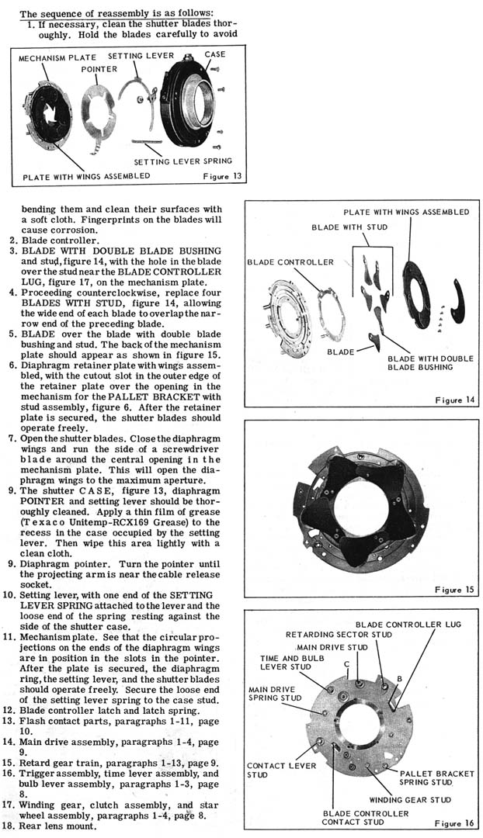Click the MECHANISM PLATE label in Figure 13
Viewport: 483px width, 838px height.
pyautogui.click(x=54, y=58)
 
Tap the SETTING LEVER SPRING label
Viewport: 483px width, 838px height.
pyautogui.click(x=183, y=161)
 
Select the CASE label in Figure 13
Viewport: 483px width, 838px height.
pyautogui.click(x=214, y=54)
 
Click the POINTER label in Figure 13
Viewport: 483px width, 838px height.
pyautogui.click(x=99, y=69)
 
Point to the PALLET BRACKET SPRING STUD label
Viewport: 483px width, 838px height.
pyautogui.click(x=438, y=778)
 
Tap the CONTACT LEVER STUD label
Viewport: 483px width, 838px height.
pyautogui.click(x=271, y=769)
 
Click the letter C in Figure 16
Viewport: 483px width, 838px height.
pyautogui.click(x=346, y=663)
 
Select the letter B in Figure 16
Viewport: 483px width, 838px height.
pyautogui.click(x=398, y=678)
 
